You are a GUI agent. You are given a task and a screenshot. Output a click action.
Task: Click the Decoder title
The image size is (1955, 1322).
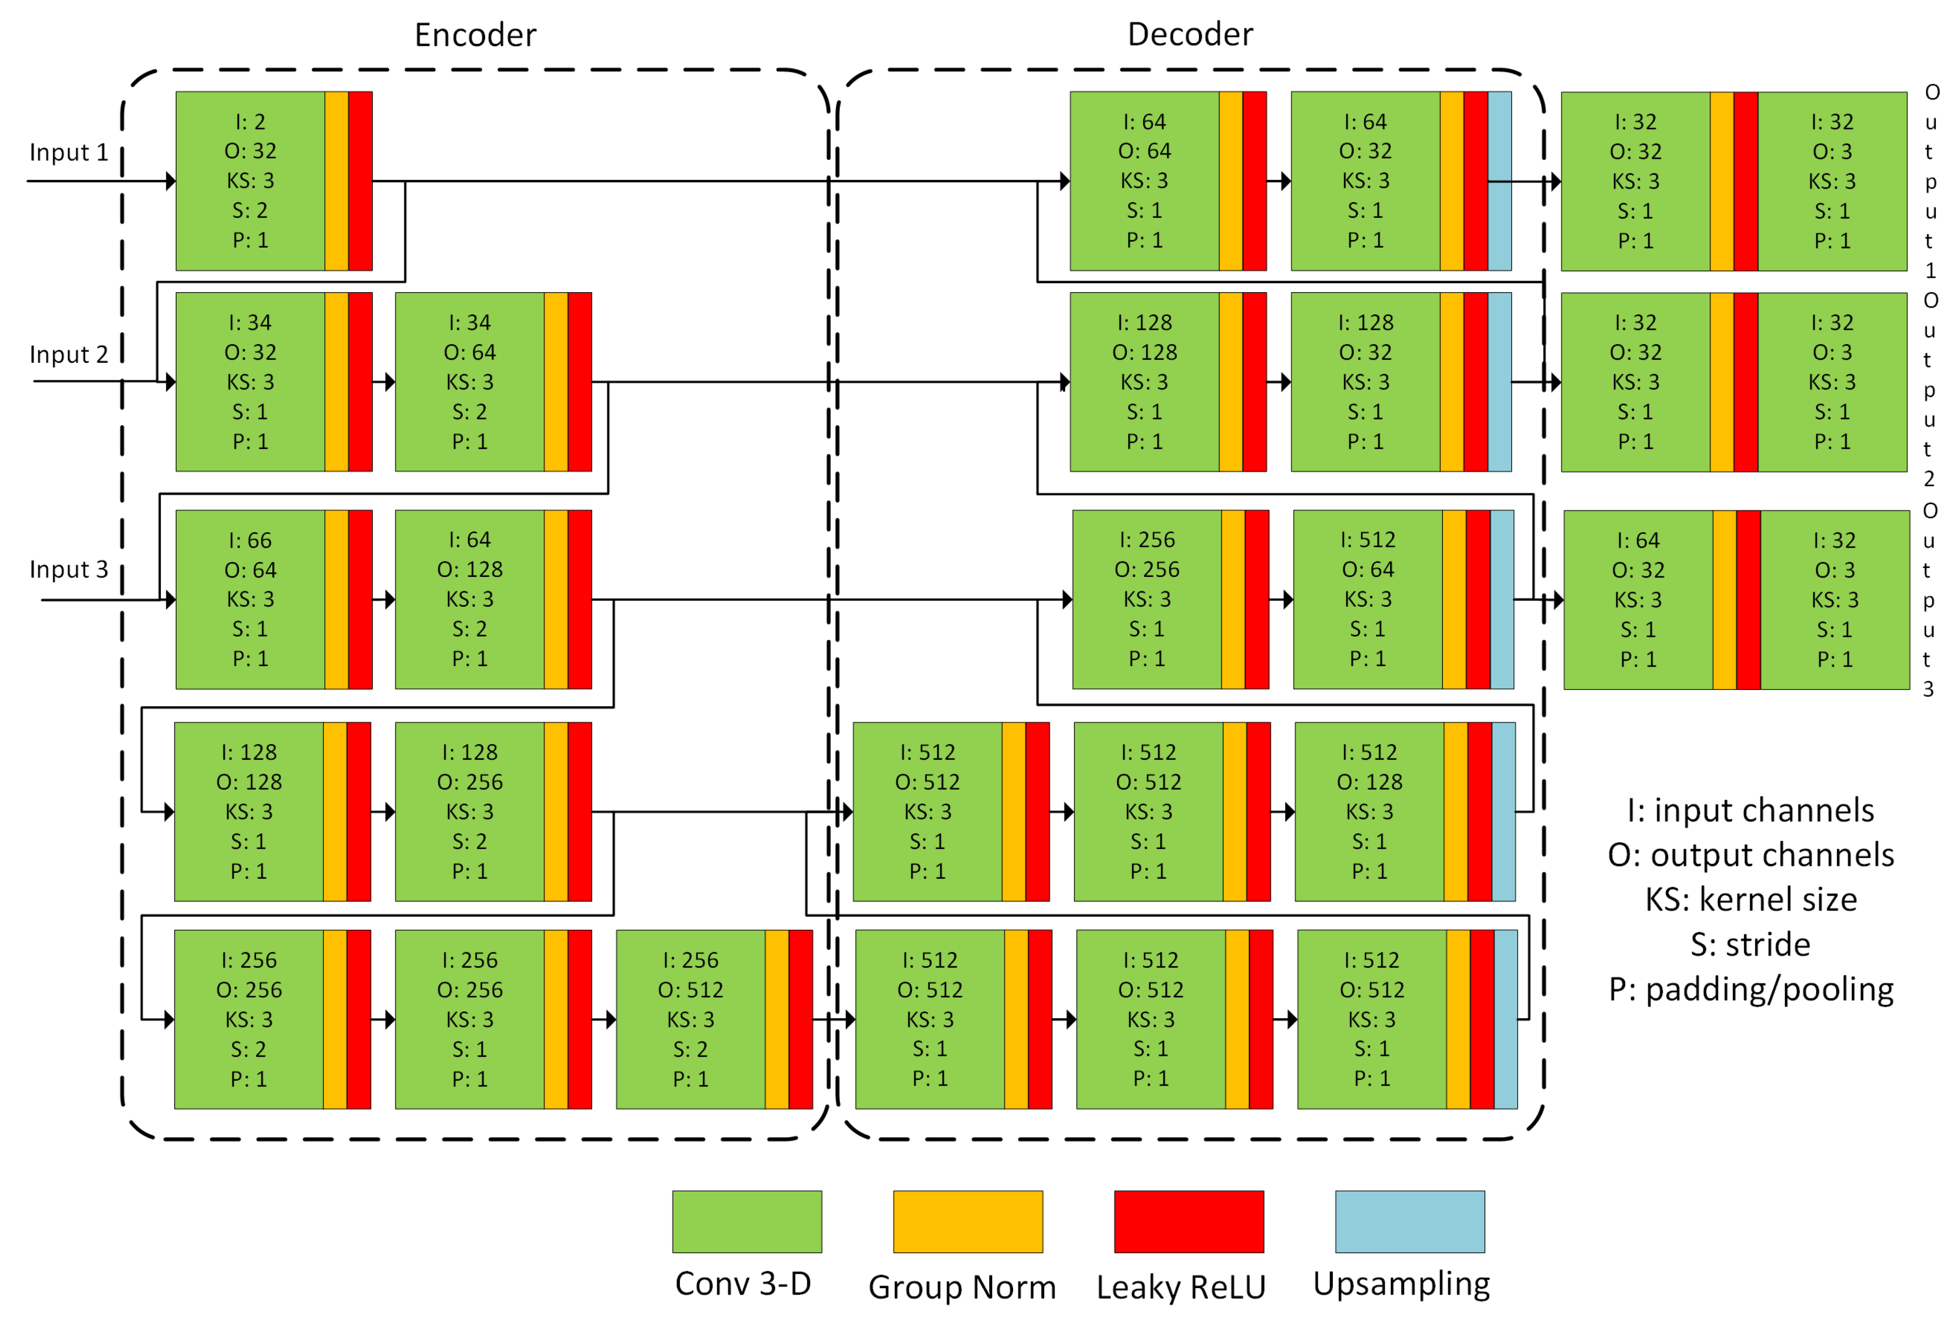click(x=1190, y=34)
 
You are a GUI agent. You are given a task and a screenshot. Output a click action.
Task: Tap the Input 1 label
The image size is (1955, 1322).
click(x=69, y=152)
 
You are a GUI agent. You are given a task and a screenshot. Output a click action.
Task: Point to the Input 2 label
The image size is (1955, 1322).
click(x=69, y=354)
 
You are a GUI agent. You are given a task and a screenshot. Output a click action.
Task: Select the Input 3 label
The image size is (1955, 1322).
click(x=69, y=569)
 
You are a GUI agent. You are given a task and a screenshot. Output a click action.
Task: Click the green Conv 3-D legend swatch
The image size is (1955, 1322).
click(x=746, y=1221)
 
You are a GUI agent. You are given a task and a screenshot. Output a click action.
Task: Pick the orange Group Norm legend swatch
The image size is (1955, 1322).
click(x=968, y=1221)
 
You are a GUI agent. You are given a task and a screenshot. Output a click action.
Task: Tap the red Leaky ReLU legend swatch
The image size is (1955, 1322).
click(x=1189, y=1221)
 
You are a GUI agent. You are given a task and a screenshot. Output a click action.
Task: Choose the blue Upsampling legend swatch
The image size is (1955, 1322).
click(x=1410, y=1221)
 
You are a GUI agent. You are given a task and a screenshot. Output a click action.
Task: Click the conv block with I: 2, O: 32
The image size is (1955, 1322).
click(x=250, y=181)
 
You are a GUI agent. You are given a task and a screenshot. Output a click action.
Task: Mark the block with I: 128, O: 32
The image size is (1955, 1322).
click(x=1365, y=382)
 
